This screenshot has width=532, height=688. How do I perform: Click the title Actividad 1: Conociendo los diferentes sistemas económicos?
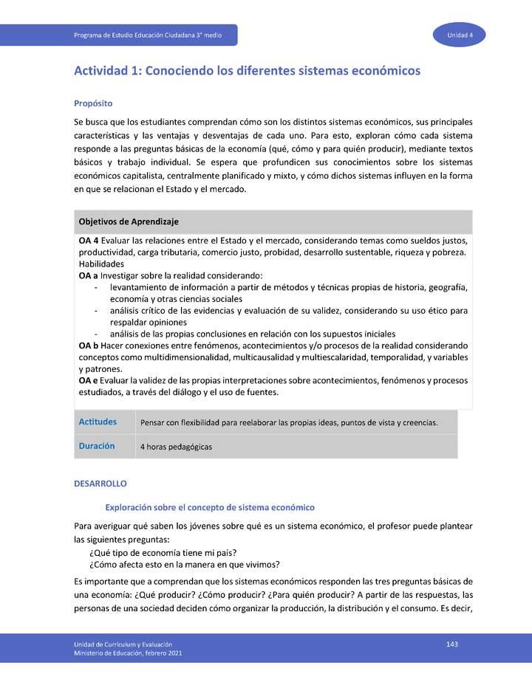[247, 71]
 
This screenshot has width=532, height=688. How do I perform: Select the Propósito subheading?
[92, 103]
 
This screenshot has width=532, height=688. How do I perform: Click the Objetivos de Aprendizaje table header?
[129, 221]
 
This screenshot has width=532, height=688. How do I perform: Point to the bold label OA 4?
[89, 241]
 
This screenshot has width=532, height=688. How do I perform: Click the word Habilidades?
[101, 264]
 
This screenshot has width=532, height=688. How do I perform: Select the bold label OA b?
[89, 345]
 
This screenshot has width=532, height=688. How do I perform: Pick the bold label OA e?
[89, 381]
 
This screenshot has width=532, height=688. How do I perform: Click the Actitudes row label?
[98, 422]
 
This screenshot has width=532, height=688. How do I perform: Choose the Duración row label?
[97, 446]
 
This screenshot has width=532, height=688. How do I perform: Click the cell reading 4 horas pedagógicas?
[176, 447]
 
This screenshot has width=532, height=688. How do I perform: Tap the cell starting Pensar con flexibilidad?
[288, 423]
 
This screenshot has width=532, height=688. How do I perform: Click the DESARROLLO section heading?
[100, 484]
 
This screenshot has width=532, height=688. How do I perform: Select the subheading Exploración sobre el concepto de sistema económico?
[210, 507]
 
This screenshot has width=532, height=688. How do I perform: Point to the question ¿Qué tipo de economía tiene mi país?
[163, 553]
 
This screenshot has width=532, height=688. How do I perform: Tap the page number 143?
[452, 644]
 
